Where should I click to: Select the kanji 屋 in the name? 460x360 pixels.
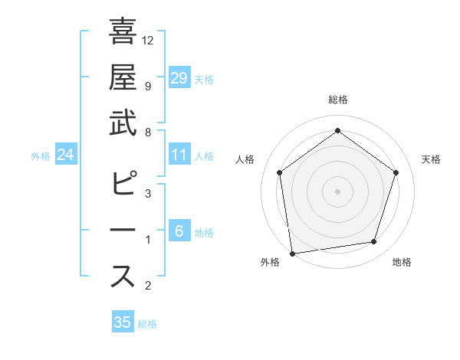pos(123,77)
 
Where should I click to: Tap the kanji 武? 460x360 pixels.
pos(123,123)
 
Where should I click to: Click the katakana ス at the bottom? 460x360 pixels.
pos(123,276)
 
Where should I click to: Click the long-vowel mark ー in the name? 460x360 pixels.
pos(123,230)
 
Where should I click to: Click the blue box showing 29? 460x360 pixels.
pos(179,77)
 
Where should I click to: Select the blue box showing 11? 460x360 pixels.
pos(179,155)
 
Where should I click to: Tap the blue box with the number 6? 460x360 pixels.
pos(179,231)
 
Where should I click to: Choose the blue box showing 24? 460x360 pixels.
pos(66,155)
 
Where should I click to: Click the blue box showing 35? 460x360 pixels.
pos(123,322)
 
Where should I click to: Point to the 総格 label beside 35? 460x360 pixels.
pos(147,324)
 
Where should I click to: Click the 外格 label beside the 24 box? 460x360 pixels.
pos(41,156)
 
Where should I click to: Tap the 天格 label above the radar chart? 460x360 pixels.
pos(432,159)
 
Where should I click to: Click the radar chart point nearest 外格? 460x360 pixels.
pos(292,252)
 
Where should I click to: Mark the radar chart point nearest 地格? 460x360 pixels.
pos(374,242)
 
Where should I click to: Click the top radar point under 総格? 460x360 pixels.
pos(337,131)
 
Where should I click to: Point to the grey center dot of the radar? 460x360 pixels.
pos(337,191)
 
